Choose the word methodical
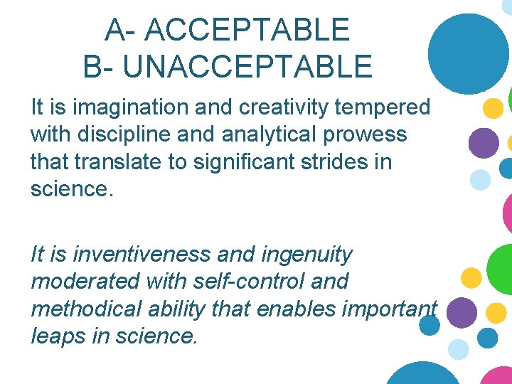pos(85,308)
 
